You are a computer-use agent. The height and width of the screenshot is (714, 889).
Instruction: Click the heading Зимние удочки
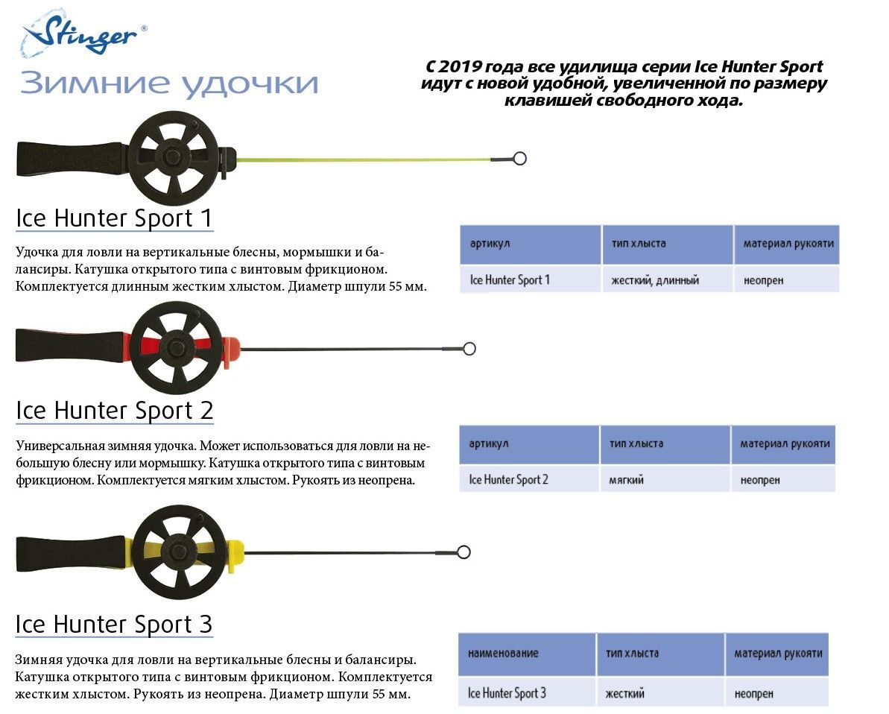[169, 83]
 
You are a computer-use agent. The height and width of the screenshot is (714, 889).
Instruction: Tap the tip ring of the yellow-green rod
[519, 158]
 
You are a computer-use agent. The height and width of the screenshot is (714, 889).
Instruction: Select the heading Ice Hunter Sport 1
[114, 218]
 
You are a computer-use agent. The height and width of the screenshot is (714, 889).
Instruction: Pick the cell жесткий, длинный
[655, 280]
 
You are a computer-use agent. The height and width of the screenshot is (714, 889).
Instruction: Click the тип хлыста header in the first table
[639, 244]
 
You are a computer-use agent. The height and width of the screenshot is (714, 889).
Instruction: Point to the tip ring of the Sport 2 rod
[469, 349]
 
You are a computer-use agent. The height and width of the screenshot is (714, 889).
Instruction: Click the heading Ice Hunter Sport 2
[115, 411]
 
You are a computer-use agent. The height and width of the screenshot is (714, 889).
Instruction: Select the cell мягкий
[627, 480]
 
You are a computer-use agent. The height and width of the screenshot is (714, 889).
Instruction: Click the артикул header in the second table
[489, 443]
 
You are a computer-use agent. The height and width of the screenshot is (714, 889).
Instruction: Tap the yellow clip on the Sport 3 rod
[235, 555]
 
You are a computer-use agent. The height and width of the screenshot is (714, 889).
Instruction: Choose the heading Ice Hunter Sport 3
[114, 625]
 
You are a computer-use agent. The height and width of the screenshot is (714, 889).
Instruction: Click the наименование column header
[503, 654]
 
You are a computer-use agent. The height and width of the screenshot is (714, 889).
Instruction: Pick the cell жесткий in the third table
[624, 694]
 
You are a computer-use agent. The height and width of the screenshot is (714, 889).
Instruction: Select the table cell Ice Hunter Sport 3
[507, 693]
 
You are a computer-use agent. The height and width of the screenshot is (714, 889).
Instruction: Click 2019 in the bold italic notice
[461, 67]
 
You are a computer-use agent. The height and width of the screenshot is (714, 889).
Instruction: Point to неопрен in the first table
[763, 280]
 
